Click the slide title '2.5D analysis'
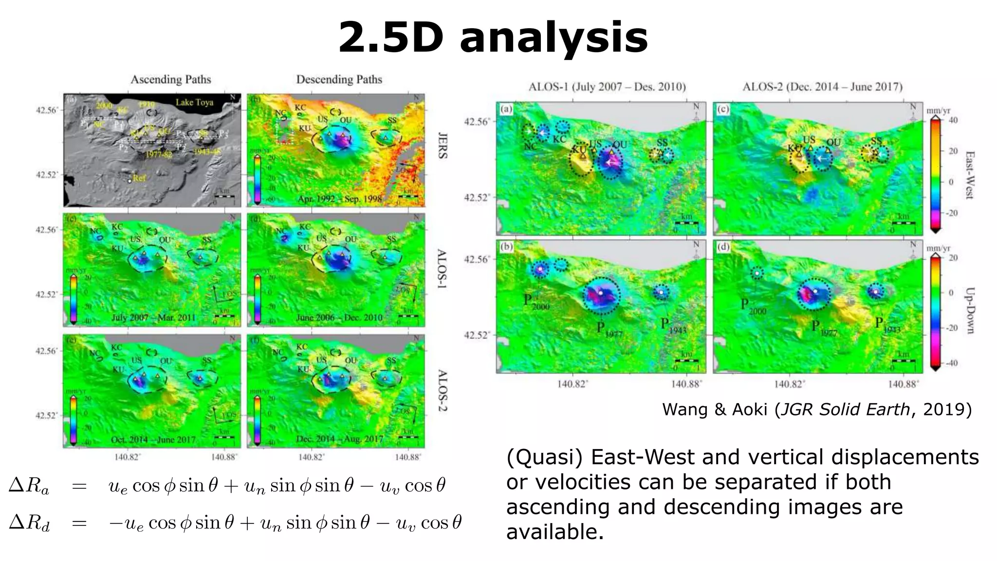coord(493,38)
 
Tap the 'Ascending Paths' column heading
coord(170,79)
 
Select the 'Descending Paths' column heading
coord(339,79)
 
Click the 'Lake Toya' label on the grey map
coord(194,102)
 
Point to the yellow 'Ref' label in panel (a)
coord(139,178)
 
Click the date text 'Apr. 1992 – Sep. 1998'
coord(340,199)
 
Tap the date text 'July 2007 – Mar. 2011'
coord(153,318)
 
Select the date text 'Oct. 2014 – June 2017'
coord(153,439)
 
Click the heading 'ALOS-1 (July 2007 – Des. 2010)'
coord(607,87)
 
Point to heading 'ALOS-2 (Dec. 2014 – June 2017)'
coord(822,87)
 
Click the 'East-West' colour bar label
coord(969,175)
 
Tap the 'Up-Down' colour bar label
coord(969,310)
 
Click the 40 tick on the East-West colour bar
coord(953,120)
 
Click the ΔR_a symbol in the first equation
coord(29,486)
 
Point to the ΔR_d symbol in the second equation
coord(29,523)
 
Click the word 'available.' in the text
coord(555,532)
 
